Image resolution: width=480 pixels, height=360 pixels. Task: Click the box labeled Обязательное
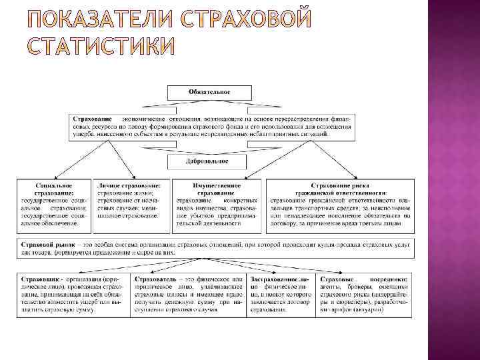pyautogui.click(x=209, y=91)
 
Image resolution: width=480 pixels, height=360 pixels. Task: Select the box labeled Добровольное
pyautogui.click(x=208, y=161)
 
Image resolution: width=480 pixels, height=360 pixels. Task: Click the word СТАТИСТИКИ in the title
pyautogui.click(x=101, y=48)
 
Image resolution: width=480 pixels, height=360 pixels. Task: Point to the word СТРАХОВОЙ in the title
pyautogui.click(x=245, y=21)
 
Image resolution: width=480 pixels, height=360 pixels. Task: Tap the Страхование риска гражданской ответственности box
pyautogui.click(x=340, y=205)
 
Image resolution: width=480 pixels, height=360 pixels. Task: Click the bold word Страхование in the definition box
pyautogui.click(x=93, y=118)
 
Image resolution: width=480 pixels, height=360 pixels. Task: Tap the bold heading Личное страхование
pyautogui.click(x=129, y=185)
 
